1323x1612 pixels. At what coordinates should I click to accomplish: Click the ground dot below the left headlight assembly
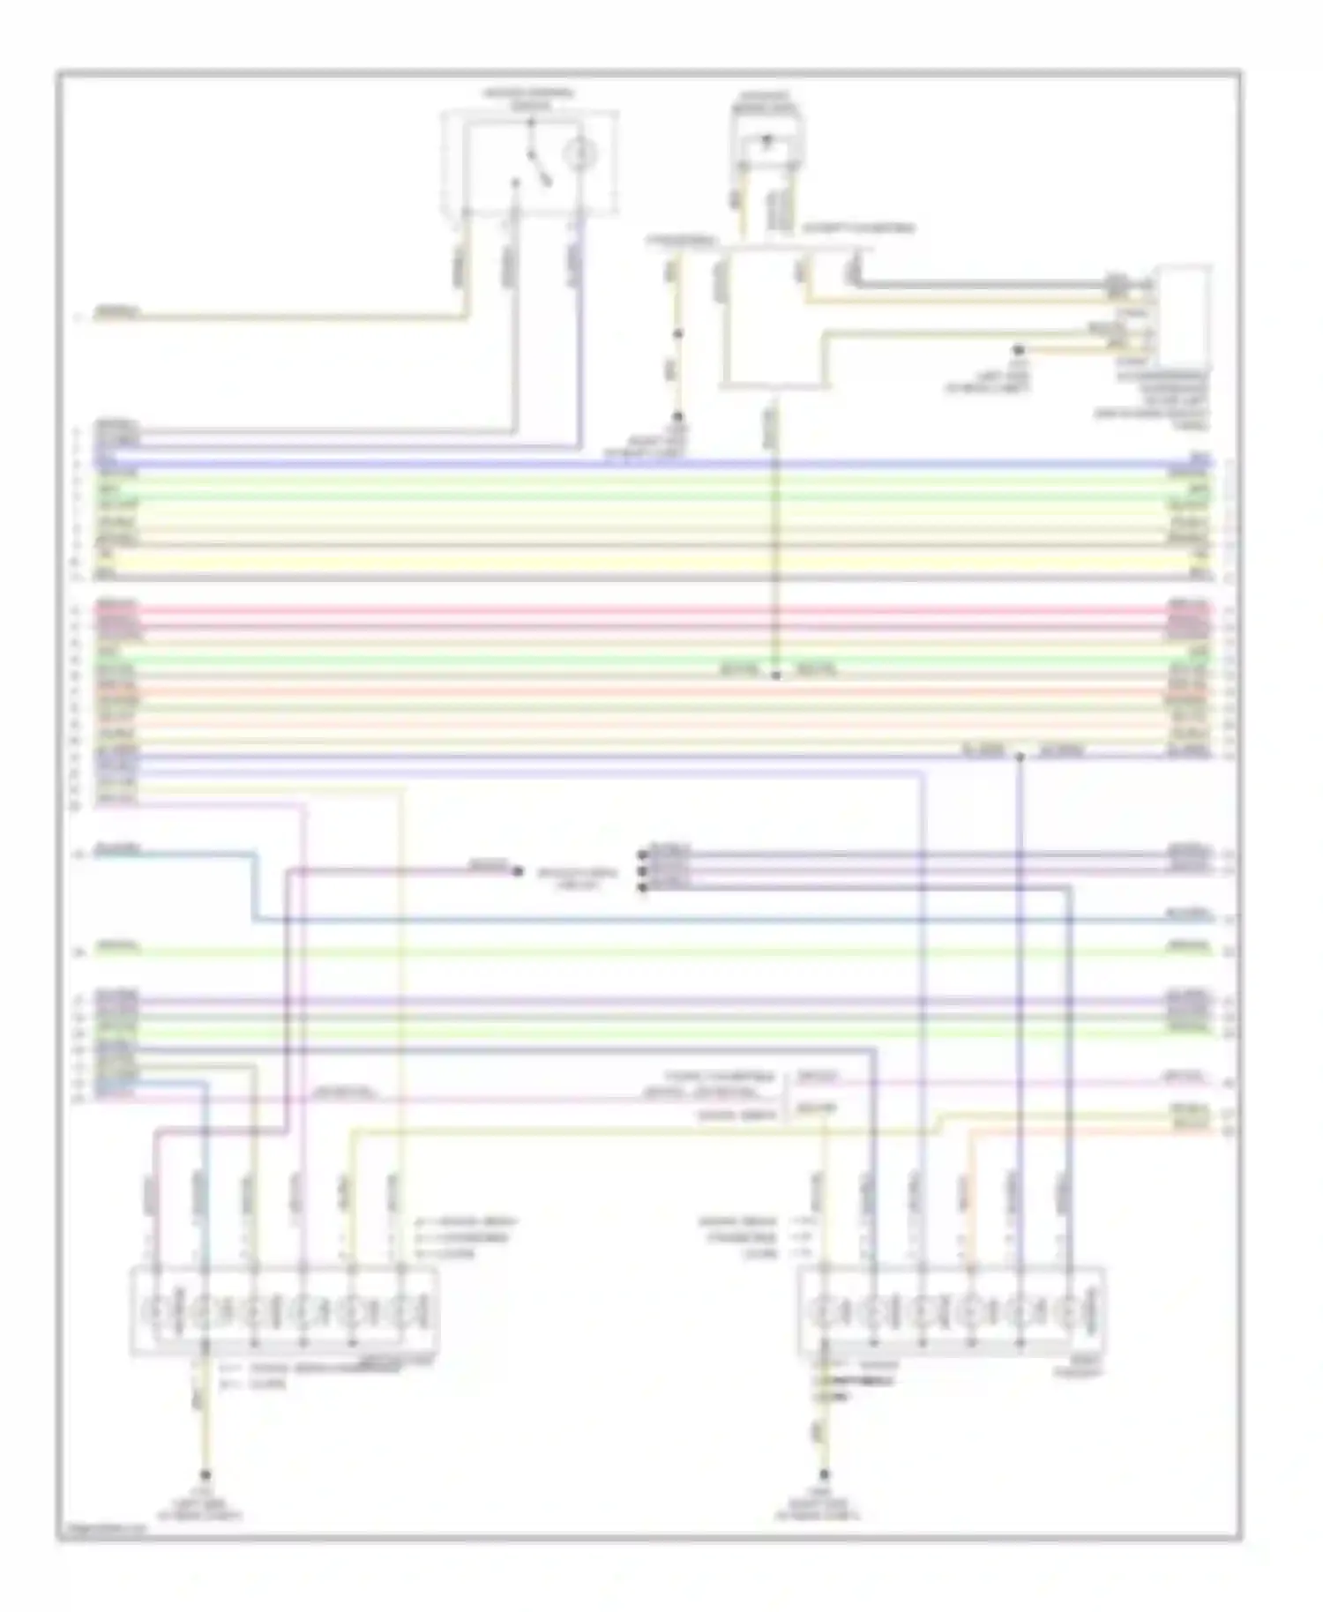point(206,1474)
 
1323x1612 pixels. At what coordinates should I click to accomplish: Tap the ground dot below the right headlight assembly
point(825,1474)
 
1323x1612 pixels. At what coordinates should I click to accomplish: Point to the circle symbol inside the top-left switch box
point(579,155)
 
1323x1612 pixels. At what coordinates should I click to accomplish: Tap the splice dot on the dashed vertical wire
point(776,675)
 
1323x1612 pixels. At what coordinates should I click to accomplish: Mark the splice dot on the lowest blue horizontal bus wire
point(1020,757)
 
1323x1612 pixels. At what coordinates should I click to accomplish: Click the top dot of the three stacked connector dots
point(641,854)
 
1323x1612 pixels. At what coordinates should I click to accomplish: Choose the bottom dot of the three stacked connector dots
point(641,887)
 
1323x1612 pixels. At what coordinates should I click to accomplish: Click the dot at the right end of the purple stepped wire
point(518,871)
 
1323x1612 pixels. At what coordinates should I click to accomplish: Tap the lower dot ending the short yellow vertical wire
point(678,416)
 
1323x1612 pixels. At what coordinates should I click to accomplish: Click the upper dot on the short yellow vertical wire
point(678,334)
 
